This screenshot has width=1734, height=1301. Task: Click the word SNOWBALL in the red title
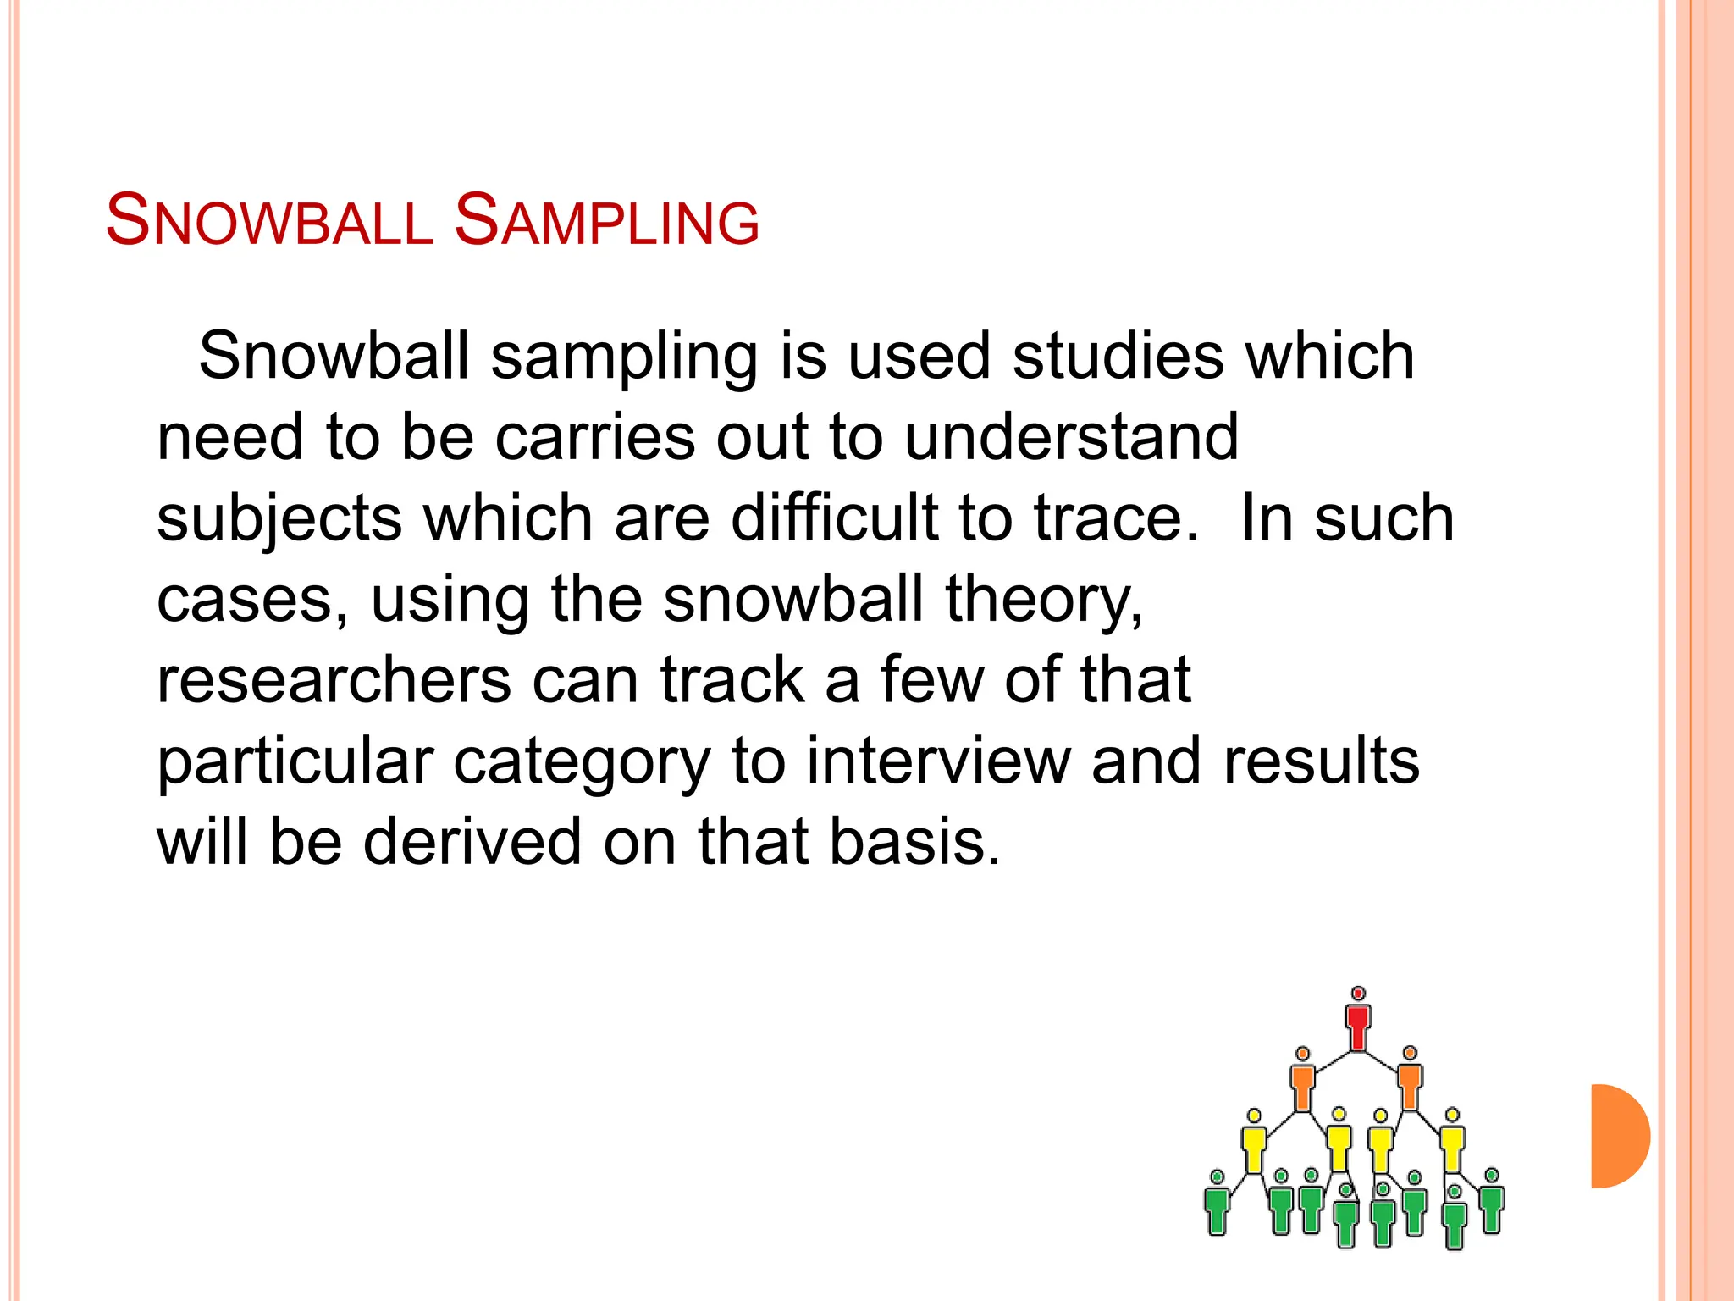point(269,220)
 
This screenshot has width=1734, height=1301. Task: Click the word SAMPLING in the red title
point(606,220)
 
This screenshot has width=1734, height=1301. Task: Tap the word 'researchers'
point(334,680)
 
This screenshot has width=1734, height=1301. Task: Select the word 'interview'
point(938,761)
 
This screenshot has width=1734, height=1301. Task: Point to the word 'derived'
point(472,842)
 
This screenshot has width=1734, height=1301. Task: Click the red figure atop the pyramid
point(1358,1021)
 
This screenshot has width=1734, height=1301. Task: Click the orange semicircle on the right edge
point(1619,1136)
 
